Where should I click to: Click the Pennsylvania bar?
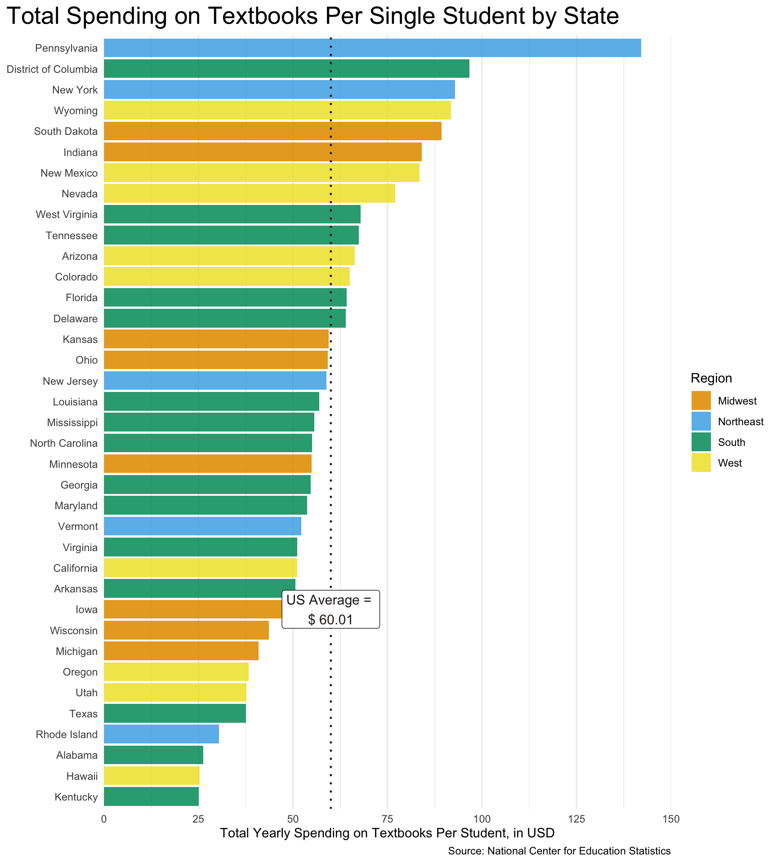pyautogui.click(x=372, y=48)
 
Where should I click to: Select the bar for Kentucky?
pyautogui.click(x=151, y=797)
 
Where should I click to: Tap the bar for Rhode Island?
pyautogui.click(x=161, y=734)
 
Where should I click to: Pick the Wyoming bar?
pyautogui.click(x=277, y=111)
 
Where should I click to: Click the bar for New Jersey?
pyautogui.click(x=215, y=381)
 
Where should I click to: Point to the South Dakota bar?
pyautogui.click(x=272, y=131)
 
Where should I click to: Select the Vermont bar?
pyautogui.click(x=202, y=526)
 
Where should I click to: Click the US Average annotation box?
pyautogui.click(x=330, y=609)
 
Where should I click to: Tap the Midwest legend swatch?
pyautogui.click(x=701, y=401)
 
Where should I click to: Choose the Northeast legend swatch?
pyautogui.click(x=701, y=422)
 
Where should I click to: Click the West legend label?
pyautogui.click(x=730, y=463)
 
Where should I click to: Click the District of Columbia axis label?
pyautogui.click(x=52, y=69)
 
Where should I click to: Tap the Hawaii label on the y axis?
pyautogui.click(x=82, y=776)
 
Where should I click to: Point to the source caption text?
pyautogui.click(x=559, y=851)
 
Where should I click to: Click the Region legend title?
pyautogui.click(x=711, y=378)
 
